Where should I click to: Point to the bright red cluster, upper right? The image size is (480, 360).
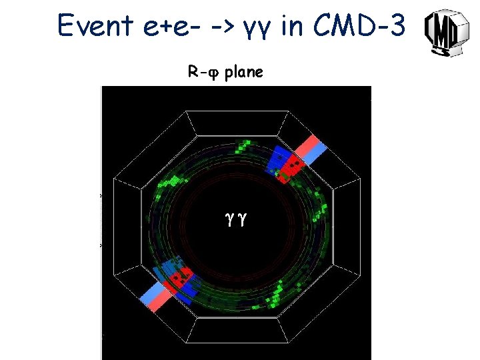point(291,165)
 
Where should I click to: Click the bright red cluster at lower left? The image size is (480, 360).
point(180,276)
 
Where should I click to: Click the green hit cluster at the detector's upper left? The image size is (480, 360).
point(170,181)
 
